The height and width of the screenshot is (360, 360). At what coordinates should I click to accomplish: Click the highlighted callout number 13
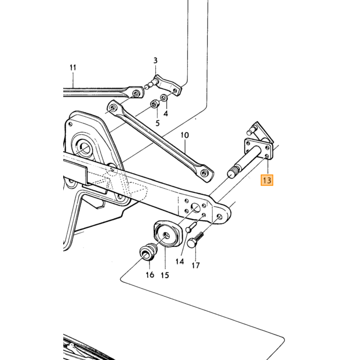tap(267, 180)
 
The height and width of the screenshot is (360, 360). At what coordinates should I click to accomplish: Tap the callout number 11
tap(73, 67)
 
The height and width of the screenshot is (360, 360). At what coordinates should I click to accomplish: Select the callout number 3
tap(155, 61)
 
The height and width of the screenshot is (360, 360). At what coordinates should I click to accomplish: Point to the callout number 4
tap(166, 114)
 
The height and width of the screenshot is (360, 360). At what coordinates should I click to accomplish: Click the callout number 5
tap(157, 123)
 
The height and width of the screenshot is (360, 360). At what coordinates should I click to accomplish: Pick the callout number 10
tap(185, 135)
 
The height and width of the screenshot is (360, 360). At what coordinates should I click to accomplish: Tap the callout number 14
tap(180, 261)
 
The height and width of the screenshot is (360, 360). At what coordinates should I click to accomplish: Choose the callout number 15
tap(165, 275)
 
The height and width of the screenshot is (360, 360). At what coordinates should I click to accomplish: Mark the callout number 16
tap(150, 275)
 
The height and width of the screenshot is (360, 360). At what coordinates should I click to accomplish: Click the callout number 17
tap(195, 265)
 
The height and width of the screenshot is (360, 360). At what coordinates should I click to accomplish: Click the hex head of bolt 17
tap(191, 243)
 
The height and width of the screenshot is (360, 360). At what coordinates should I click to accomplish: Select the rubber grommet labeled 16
tap(148, 253)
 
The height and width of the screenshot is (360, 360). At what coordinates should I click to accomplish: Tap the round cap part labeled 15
tap(167, 234)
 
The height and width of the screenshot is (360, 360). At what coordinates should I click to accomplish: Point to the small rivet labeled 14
tap(191, 227)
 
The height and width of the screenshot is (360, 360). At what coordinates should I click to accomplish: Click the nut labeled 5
tap(155, 104)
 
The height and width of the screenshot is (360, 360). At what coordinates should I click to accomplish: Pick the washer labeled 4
tap(164, 98)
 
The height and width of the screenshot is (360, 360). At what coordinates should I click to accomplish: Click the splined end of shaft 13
tap(233, 172)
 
